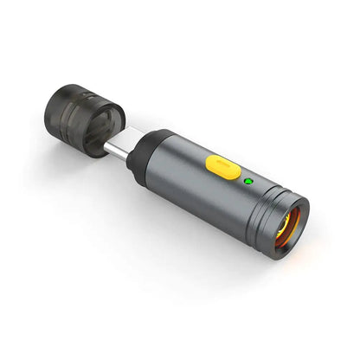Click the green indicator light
(249, 182)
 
